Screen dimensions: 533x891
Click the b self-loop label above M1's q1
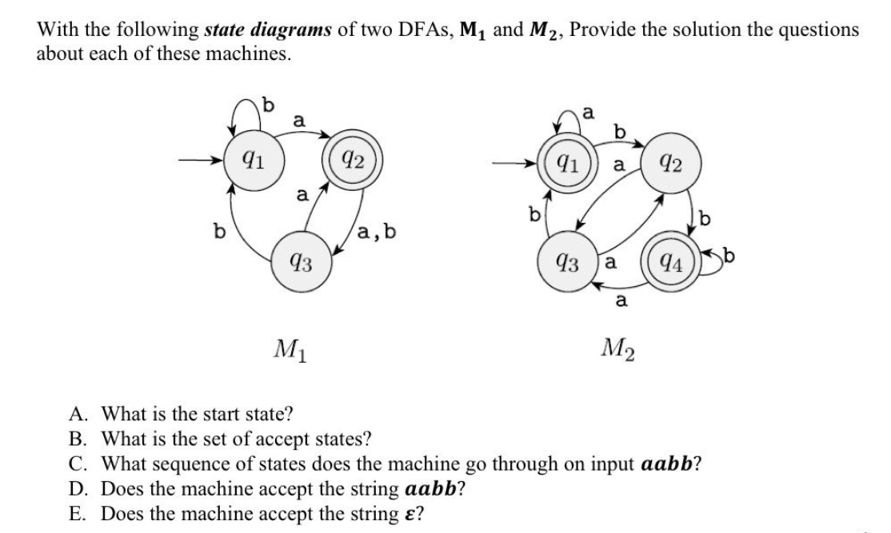click(x=269, y=105)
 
